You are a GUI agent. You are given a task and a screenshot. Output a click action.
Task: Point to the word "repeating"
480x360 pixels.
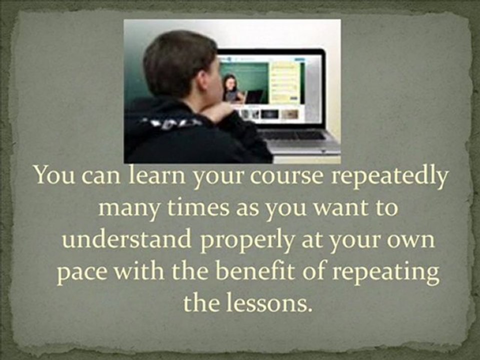click(386, 273)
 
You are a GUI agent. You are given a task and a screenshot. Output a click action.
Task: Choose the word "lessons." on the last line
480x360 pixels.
click(277, 302)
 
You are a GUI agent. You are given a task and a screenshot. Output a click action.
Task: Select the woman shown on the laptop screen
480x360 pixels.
click(230, 88)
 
